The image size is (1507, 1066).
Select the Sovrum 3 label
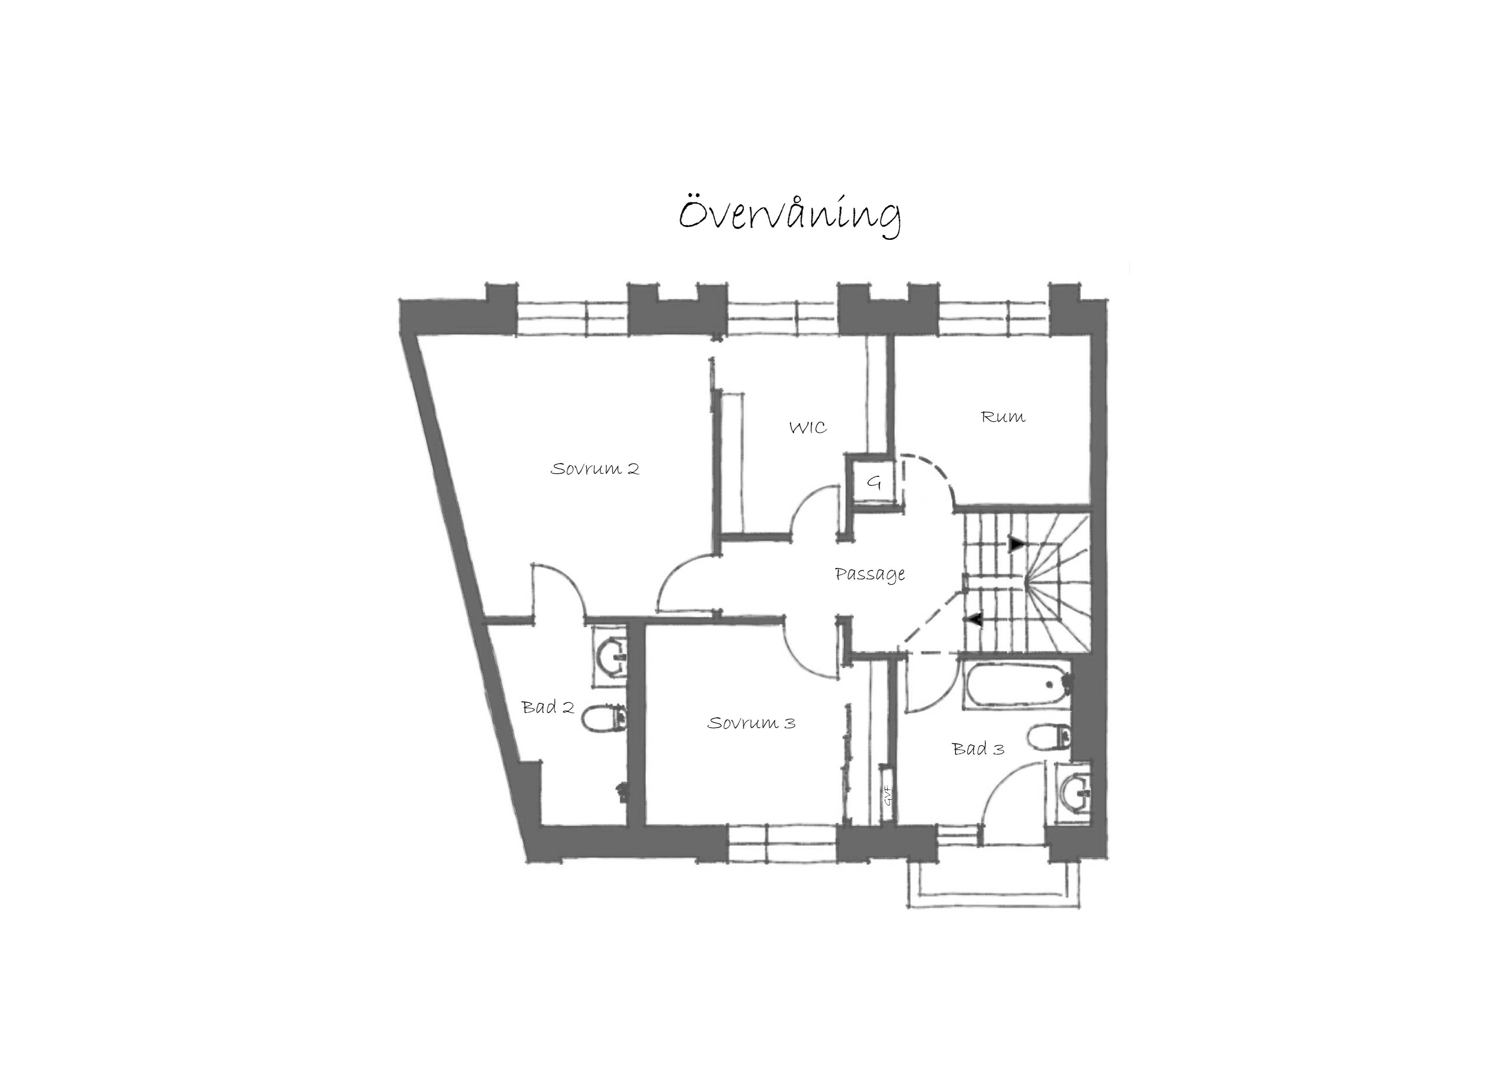point(751,723)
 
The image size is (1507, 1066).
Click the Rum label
point(1003,417)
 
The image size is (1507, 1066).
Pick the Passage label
point(869,575)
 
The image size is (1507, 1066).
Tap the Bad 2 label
point(548,708)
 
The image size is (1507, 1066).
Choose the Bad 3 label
point(978,749)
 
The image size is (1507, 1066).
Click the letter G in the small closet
point(874,483)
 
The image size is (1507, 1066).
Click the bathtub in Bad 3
point(1017,686)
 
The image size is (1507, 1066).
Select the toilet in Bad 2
point(604,719)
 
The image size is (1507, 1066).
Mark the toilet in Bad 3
point(1049,737)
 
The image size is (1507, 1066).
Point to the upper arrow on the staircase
point(1016,544)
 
